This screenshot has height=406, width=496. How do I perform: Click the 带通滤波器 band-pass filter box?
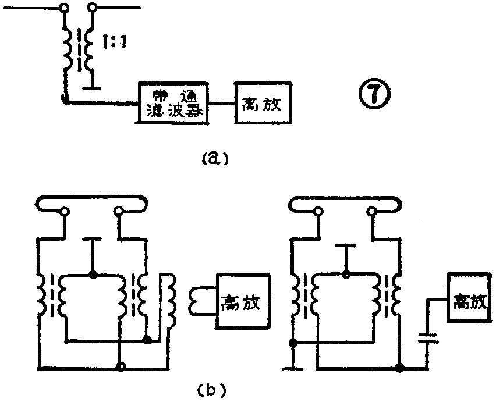pyautogui.click(x=173, y=102)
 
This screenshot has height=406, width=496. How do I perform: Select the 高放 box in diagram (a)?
pyautogui.click(x=262, y=102)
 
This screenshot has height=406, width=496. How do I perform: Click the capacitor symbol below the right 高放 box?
pyautogui.click(x=428, y=339)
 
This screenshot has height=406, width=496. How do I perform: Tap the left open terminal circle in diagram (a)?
pyautogui.click(x=63, y=8)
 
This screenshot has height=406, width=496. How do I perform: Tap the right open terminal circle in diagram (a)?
pyautogui.click(x=93, y=8)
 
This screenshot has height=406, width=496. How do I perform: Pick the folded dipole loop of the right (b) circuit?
pyautogui.click(x=345, y=202)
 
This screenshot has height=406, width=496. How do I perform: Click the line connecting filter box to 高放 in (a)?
pyautogui.click(x=221, y=103)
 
